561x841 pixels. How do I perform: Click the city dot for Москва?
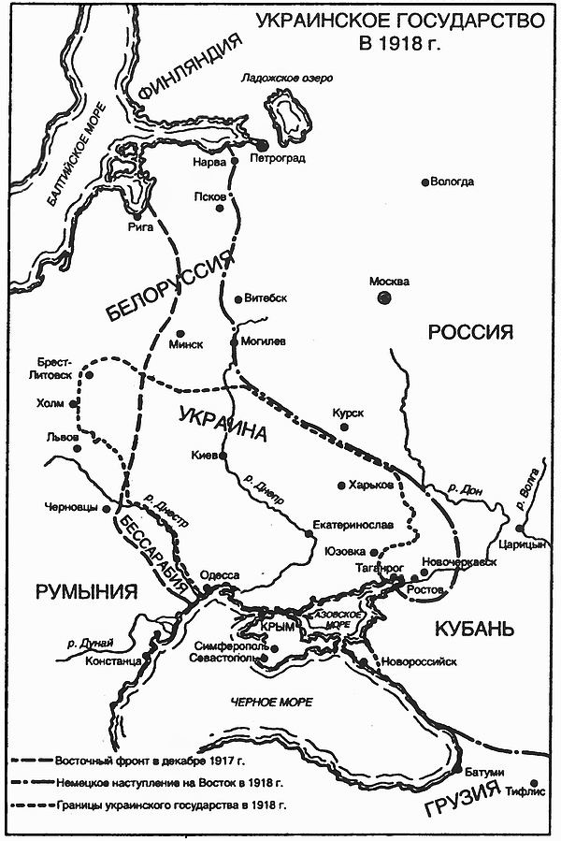click(x=383, y=297)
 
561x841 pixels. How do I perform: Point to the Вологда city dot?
click(x=425, y=182)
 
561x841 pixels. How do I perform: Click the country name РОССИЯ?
click(x=472, y=332)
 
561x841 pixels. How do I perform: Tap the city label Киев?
click(x=205, y=456)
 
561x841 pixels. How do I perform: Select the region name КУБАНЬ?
click(x=474, y=628)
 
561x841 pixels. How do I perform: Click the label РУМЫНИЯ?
click(x=86, y=592)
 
